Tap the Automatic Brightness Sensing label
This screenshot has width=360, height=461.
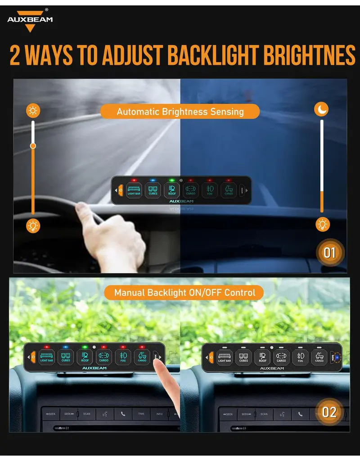coord(180,112)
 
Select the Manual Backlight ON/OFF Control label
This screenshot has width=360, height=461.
coord(184,293)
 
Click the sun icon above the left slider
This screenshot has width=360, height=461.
coord(33,110)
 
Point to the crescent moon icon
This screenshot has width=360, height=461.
coord(321,109)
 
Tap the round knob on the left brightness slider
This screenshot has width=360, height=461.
coord(33,145)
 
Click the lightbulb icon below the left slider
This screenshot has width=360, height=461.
coord(33,226)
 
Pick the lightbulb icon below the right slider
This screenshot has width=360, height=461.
coord(322,224)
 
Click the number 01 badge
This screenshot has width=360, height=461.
coord(330,252)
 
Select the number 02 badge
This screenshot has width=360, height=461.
coord(329,411)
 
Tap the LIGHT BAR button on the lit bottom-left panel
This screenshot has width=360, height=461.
coord(47,357)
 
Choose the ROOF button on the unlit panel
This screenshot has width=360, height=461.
coord(262,357)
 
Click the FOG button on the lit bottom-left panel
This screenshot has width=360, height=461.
coord(122,357)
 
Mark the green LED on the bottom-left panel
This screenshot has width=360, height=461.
coord(84,347)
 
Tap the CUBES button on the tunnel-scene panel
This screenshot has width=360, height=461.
coord(153,190)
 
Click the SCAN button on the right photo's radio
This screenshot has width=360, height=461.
coord(264,414)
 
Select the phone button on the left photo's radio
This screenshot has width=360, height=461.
coord(123,413)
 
